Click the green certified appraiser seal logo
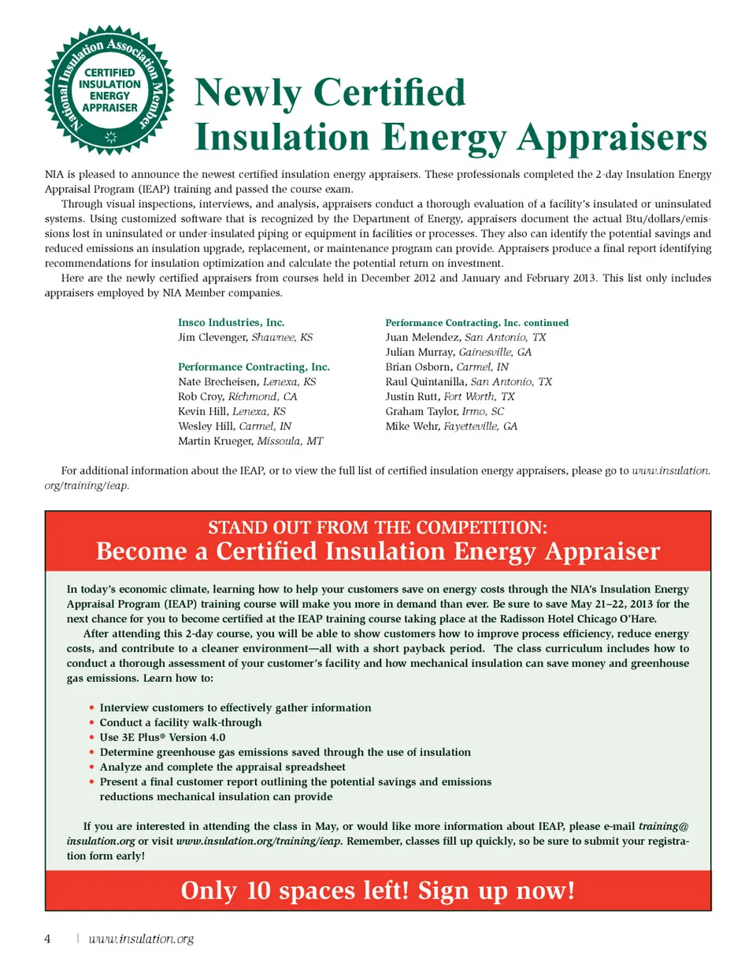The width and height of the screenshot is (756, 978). (x=109, y=91)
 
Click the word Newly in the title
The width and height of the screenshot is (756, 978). (x=246, y=93)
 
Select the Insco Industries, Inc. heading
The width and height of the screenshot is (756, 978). (x=231, y=322)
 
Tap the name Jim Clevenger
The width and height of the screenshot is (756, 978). (x=213, y=337)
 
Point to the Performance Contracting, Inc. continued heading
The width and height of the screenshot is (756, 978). (x=476, y=323)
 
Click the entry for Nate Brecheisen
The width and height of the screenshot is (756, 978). (x=218, y=382)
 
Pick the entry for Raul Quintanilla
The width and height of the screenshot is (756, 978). (x=425, y=382)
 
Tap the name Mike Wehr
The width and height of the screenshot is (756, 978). (x=412, y=426)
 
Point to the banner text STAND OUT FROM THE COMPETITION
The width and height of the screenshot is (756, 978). (x=377, y=528)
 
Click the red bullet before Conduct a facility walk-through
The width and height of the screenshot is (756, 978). (x=92, y=723)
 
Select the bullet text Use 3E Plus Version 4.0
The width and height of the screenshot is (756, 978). (x=162, y=737)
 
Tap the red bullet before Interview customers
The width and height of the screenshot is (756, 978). (x=92, y=708)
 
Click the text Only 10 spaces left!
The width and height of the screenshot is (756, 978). (x=295, y=891)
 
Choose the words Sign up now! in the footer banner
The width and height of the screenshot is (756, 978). (x=496, y=891)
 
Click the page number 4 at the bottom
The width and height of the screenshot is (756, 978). (x=47, y=939)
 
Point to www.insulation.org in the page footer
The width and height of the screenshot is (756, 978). (x=141, y=939)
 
